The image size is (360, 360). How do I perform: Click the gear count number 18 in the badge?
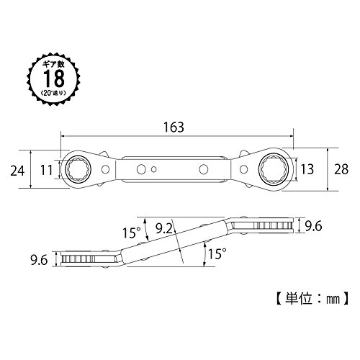pos(54,78)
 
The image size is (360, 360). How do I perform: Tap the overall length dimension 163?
pos(174,127)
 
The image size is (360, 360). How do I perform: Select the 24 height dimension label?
pos(17,171)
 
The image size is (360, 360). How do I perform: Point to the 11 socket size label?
pos(46,170)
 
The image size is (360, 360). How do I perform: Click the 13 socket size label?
pos(307,169)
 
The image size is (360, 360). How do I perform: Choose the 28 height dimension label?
pos(341,169)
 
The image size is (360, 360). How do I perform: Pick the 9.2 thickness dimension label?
pos(164,228)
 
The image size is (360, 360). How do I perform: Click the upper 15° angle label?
pos(131,233)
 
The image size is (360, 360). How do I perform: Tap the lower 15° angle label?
pos(217,254)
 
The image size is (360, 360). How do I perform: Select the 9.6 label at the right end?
pos(313,226)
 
